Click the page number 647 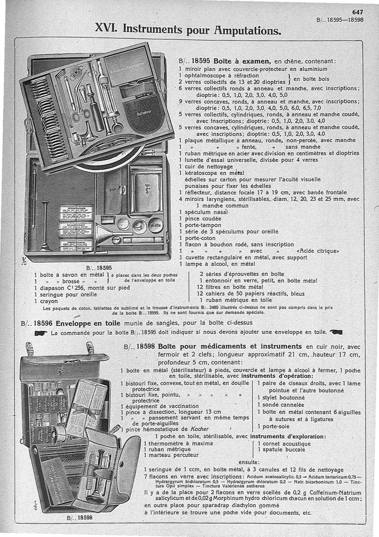click(358, 13)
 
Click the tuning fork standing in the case click(45, 225)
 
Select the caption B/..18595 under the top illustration click(99, 267)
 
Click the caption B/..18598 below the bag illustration click(80, 517)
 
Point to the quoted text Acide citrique click(317, 251)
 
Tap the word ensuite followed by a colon click(249, 462)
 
